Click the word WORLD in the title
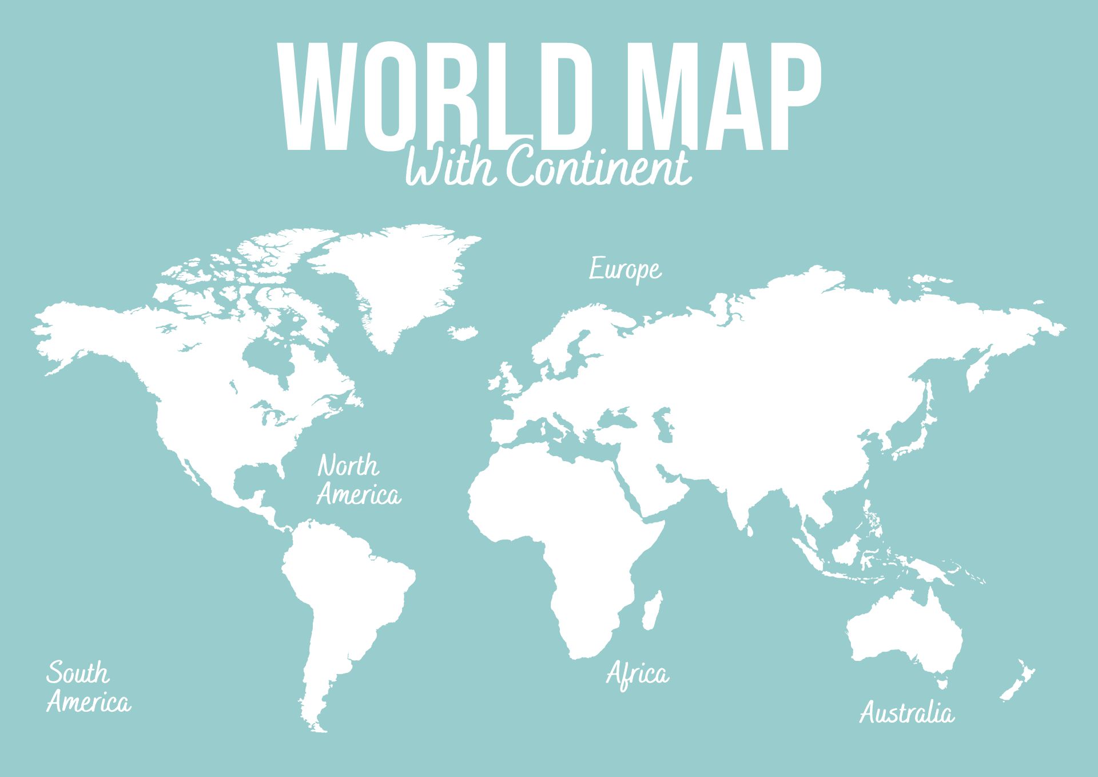coord(435,97)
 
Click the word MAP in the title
coord(729,97)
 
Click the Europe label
coord(625,269)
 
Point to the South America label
coord(87,687)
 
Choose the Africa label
coord(637,675)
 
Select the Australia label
coord(906,713)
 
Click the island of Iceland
coord(463,332)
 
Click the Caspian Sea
coord(665,426)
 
